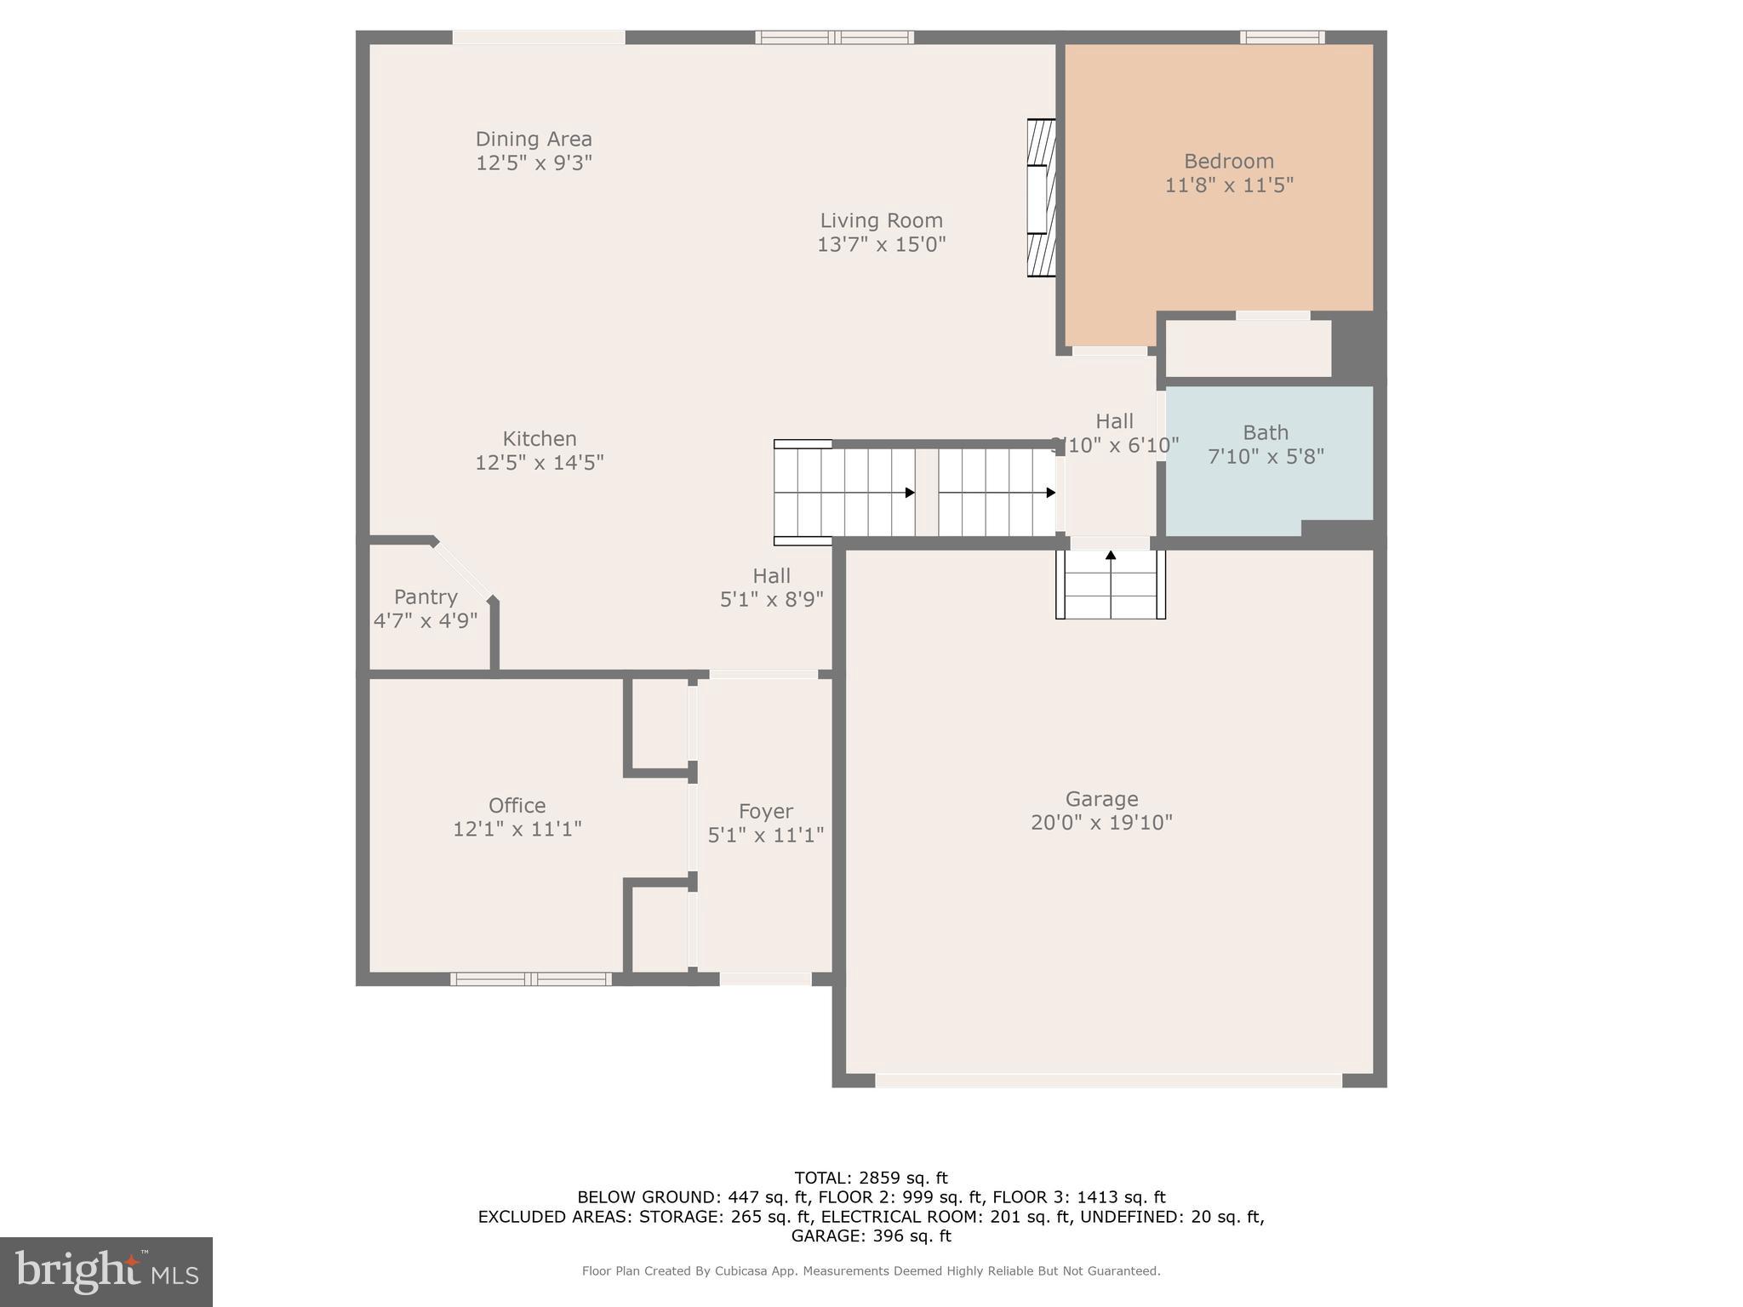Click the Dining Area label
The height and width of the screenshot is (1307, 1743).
533,139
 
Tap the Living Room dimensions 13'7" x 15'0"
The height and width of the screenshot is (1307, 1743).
881,245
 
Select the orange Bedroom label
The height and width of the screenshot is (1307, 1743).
1228,161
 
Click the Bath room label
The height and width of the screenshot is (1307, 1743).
1265,433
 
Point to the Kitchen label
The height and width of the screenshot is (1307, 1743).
539,439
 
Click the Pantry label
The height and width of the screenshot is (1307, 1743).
426,597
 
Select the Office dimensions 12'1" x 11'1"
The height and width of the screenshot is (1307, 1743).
517,829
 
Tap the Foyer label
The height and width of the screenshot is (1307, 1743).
765,812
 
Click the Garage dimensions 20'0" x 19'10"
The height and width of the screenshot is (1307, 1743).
1101,823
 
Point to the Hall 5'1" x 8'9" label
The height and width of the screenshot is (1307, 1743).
771,588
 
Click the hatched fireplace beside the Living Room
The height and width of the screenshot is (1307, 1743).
1041,197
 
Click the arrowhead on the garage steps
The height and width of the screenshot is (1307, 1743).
1110,556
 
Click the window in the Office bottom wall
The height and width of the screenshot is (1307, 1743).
530,979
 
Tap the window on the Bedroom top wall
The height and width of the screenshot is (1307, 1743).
1281,37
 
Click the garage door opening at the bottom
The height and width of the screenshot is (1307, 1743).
1108,1081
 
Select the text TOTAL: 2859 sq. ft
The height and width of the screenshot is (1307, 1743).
871,1179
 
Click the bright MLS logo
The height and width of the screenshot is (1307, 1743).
106,1272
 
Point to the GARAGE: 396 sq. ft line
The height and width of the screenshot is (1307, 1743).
871,1236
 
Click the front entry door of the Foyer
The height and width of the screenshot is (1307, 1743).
765,979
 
